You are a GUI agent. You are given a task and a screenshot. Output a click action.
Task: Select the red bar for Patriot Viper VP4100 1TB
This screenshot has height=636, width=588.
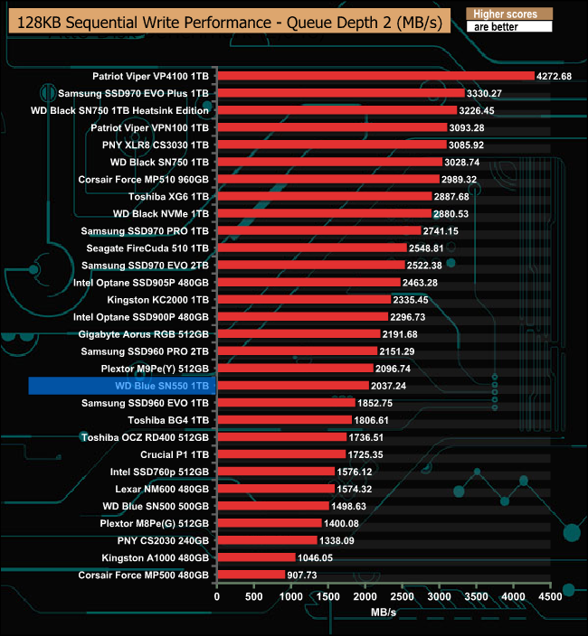click(x=375, y=76)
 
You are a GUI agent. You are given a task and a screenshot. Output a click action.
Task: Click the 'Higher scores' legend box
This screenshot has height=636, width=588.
click(x=509, y=14)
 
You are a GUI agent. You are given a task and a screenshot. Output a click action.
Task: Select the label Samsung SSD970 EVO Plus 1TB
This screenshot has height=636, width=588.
click(x=133, y=93)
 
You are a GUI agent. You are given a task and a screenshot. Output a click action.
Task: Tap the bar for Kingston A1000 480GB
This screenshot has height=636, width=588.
click(x=256, y=557)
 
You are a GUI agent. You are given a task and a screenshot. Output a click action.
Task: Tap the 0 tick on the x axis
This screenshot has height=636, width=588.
click(x=217, y=597)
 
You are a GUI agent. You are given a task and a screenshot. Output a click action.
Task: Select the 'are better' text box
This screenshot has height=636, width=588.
click(x=509, y=27)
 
